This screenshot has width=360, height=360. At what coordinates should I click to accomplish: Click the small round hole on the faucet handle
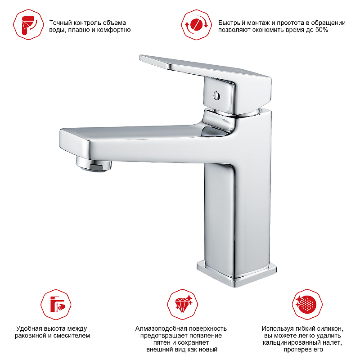coord(216,96)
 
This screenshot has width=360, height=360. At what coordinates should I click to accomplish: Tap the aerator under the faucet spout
coord(94,163)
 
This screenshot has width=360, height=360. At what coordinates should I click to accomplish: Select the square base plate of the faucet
coord(237,273)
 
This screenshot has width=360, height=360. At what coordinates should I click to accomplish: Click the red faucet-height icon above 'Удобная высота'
coord(56,305)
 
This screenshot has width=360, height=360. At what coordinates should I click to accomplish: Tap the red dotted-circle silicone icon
coord(307,305)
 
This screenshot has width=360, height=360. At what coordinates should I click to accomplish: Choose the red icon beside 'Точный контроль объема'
coord(28,25)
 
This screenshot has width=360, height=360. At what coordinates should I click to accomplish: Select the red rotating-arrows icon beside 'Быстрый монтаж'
coord(196,25)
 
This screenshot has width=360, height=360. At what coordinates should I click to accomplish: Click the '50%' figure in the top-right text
coord(321,30)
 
